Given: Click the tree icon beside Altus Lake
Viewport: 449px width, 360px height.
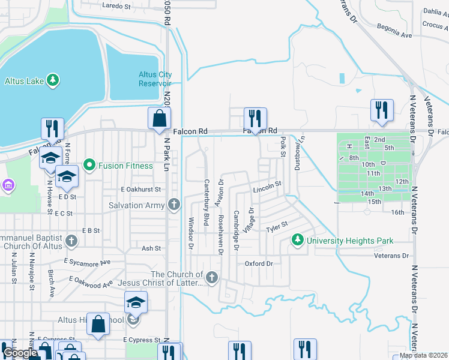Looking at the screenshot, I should coord(53,80).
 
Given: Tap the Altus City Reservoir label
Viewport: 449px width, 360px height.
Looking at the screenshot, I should coord(155,79).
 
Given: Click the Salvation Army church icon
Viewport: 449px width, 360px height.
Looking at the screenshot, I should coord(174,205).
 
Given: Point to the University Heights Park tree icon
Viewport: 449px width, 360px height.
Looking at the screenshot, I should coord(297,241).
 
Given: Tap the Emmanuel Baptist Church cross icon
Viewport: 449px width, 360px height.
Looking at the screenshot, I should coord(71,241).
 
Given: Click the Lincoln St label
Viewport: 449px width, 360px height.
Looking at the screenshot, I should coord(267,187).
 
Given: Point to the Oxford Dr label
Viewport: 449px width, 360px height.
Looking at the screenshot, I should coord(259,263).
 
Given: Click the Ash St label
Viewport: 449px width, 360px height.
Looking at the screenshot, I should coord(151,248).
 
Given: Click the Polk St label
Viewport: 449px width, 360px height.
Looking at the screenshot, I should coord(282,147).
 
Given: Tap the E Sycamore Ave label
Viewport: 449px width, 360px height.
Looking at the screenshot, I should coord(87,262).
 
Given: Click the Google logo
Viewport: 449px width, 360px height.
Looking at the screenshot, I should coord(20,353).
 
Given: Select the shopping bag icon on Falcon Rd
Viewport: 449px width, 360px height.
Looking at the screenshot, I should coord(160,119).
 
